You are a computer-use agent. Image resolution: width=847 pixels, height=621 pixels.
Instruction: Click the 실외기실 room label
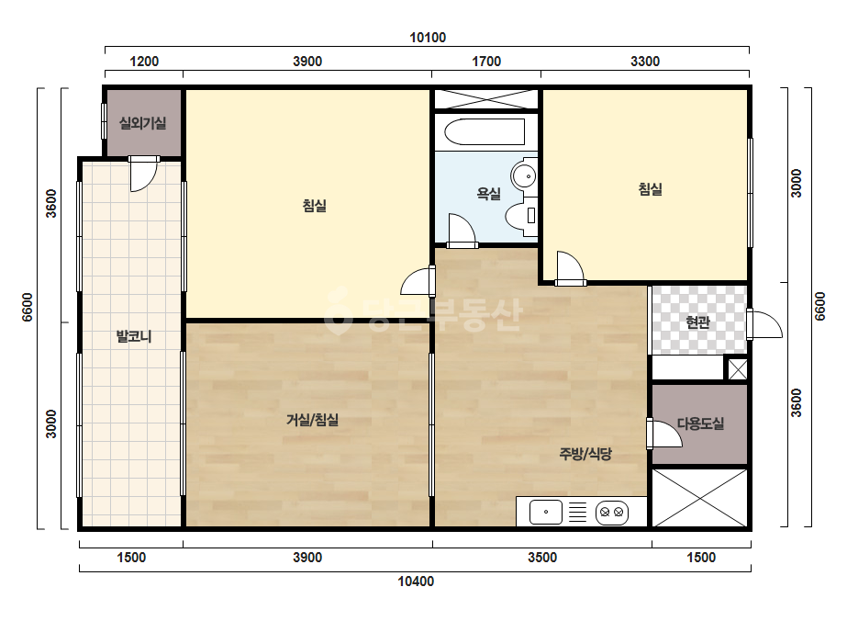142,123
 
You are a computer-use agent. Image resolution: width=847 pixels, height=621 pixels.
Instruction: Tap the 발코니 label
134,336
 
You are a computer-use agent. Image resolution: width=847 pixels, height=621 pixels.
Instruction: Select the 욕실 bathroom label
488,193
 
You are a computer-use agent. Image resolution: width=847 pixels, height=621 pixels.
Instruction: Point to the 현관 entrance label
697,322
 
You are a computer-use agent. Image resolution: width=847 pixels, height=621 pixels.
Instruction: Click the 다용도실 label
700,423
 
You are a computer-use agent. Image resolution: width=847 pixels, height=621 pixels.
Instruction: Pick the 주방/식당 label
585,453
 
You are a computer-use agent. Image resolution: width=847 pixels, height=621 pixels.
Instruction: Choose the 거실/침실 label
312,419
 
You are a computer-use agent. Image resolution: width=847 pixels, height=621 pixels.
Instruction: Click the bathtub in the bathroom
485,132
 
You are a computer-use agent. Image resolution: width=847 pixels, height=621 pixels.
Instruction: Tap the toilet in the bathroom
522,216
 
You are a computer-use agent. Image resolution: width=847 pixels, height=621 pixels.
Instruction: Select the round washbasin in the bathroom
524,175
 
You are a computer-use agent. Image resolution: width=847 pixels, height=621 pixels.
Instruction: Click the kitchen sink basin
546,512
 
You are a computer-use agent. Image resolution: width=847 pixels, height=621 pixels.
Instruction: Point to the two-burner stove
612,512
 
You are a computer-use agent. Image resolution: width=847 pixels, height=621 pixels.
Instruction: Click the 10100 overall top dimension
428,38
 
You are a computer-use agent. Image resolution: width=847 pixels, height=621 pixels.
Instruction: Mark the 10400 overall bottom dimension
416,581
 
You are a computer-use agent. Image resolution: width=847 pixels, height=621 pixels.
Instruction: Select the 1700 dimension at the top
486,62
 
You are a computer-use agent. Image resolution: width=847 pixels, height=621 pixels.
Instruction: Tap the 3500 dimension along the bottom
542,558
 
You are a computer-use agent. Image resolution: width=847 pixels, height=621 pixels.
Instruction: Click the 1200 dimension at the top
144,62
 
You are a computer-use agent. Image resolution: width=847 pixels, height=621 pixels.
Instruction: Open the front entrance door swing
767,324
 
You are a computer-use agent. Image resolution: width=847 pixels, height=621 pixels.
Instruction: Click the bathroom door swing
462,231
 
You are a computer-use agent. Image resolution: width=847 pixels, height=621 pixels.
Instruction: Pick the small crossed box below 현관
738,369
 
